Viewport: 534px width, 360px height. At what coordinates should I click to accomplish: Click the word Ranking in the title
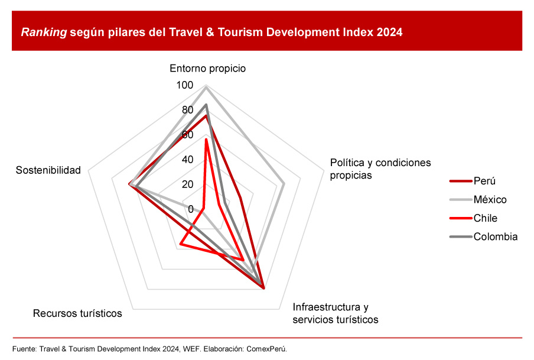click(44, 33)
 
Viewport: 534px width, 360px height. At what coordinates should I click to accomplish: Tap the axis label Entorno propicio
click(207, 68)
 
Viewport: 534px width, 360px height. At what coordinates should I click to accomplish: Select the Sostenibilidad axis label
click(48, 170)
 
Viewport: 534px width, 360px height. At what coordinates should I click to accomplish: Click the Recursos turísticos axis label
click(77, 313)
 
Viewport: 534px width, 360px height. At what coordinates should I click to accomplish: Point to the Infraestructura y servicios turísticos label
click(335, 313)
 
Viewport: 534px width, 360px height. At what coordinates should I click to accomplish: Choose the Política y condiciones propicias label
click(380, 168)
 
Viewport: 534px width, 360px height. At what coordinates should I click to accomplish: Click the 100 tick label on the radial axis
click(184, 86)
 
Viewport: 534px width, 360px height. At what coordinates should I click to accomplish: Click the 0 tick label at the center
click(190, 209)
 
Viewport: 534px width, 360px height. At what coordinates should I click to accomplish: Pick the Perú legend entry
click(484, 181)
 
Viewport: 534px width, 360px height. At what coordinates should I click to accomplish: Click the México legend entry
click(490, 199)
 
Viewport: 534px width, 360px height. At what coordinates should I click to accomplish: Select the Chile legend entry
click(486, 218)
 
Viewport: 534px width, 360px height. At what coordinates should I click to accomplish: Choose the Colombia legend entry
click(495, 236)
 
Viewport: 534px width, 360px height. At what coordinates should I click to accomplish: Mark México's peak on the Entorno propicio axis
click(206, 86)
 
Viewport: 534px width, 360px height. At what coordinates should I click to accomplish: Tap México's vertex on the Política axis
click(284, 183)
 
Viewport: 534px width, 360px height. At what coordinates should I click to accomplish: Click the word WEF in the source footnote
click(189, 348)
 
